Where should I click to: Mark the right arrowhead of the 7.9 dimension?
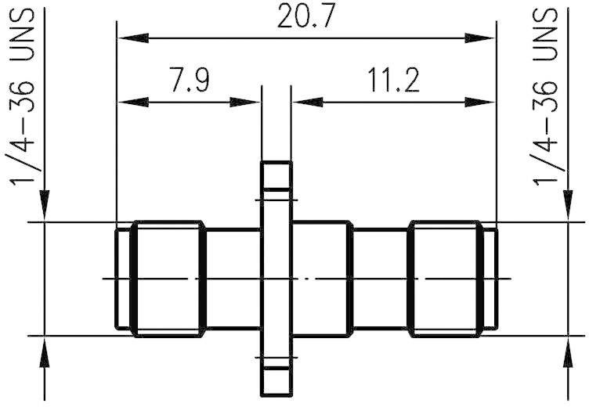click(251, 100)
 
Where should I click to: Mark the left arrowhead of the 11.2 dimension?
click(302, 100)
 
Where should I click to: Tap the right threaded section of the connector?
click(444, 279)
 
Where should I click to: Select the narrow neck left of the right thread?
click(380, 279)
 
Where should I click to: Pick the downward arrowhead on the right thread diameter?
click(569, 212)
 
